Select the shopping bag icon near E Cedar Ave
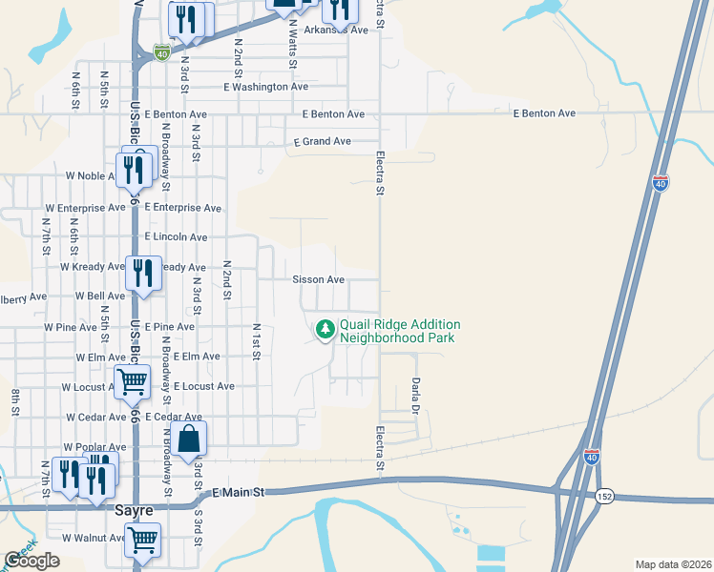(x=190, y=439)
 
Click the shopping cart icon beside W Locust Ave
(x=133, y=382)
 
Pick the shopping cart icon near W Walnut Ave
(x=142, y=540)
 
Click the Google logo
(x=31, y=561)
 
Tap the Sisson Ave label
(x=318, y=280)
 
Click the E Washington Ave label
(x=265, y=87)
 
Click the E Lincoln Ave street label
(x=176, y=237)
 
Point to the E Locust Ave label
(x=203, y=387)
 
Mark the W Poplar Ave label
(x=94, y=447)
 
